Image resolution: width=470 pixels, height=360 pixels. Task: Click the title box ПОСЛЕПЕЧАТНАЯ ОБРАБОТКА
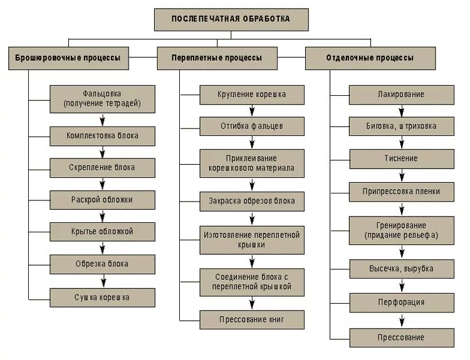(x=231, y=19)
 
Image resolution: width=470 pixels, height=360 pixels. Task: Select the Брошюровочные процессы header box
(x=68, y=58)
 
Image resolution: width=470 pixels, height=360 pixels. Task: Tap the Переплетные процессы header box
(x=217, y=58)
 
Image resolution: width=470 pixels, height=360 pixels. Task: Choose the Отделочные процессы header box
(x=370, y=58)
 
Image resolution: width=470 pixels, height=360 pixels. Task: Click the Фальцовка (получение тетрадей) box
(x=102, y=99)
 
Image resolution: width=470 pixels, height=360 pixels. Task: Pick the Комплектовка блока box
(x=102, y=135)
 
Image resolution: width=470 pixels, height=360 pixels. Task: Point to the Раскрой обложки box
(x=102, y=199)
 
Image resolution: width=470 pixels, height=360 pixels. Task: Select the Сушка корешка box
(x=102, y=297)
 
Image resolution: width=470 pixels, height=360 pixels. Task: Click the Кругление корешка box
(x=253, y=95)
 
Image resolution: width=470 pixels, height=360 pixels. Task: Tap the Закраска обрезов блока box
(x=253, y=202)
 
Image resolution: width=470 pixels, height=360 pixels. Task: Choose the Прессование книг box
(x=253, y=319)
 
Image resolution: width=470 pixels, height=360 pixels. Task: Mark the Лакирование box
(x=401, y=95)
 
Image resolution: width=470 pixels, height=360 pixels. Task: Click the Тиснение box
(x=401, y=158)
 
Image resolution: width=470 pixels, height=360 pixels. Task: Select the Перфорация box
(x=401, y=302)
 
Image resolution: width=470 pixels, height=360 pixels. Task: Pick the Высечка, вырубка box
(x=401, y=269)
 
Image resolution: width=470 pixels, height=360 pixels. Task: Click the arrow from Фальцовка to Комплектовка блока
(x=102, y=119)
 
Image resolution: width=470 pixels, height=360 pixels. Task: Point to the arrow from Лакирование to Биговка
(x=401, y=111)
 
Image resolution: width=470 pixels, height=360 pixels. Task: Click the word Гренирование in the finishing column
(x=401, y=225)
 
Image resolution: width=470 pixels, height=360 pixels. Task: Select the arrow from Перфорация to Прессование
(x=401, y=319)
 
